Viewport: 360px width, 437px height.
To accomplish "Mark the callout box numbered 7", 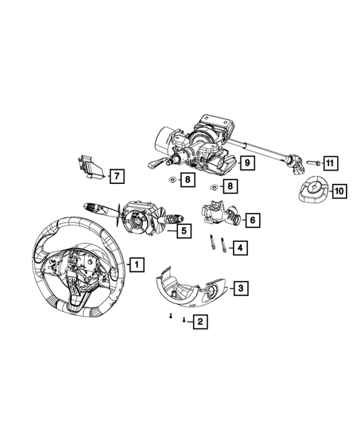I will point(116,176).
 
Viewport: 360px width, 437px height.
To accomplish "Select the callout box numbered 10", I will point(338,191).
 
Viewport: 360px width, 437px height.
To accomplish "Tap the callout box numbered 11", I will point(330,162).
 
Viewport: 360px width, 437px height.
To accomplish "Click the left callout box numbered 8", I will point(189,180).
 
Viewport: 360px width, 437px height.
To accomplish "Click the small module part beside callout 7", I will point(90,168).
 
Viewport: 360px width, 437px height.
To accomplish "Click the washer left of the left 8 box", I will point(171,180).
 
